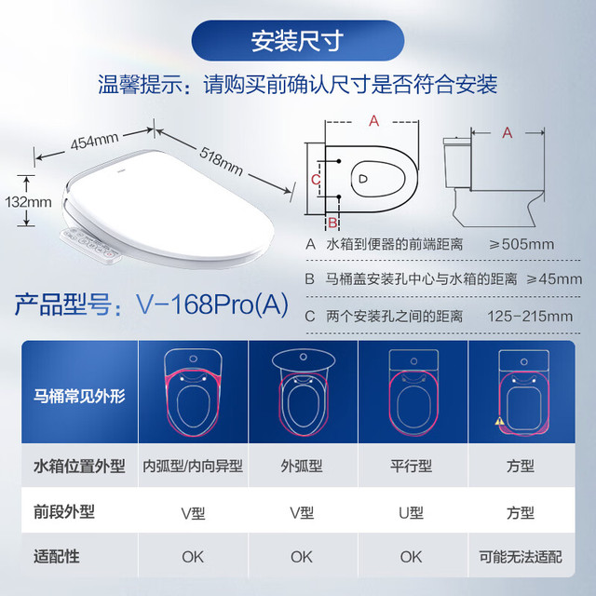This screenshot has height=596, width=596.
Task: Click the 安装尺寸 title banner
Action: pyautogui.click(x=298, y=40)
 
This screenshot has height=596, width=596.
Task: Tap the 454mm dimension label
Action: pyautogui.click(x=95, y=141)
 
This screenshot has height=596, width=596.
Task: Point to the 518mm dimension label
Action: pyautogui.click(x=222, y=161)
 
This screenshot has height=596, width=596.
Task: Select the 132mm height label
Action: pyautogui.click(x=28, y=202)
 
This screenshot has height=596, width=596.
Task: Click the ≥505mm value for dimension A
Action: pyautogui.click(x=521, y=244)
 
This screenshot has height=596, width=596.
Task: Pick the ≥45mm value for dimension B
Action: pyautogui.click(x=554, y=279)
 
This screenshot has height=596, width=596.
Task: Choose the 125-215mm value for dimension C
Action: pyautogui.click(x=530, y=316)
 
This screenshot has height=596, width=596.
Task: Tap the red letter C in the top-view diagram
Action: pyautogui.click(x=316, y=179)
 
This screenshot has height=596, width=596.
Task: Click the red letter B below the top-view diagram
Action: pyautogui.click(x=332, y=223)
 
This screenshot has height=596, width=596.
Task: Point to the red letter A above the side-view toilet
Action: pyautogui.click(x=508, y=132)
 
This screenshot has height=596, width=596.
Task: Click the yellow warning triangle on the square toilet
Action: pyautogui.click(x=499, y=421)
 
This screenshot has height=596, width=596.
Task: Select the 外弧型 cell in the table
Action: pyautogui.click(x=302, y=466)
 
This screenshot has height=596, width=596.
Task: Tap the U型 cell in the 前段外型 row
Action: pyautogui.click(x=412, y=513)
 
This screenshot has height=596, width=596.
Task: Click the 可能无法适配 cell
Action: pyautogui.click(x=521, y=557)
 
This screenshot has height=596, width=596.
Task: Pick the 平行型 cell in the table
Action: pyautogui.click(x=412, y=466)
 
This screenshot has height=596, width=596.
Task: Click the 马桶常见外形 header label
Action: pyautogui.click(x=79, y=396)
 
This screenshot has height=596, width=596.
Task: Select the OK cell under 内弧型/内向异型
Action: pyautogui.click(x=193, y=557)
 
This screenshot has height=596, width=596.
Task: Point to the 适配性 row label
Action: pyautogui.click(x=57, y=557)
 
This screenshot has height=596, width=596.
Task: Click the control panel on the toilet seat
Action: pyautogui.click(x=90, y=245)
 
